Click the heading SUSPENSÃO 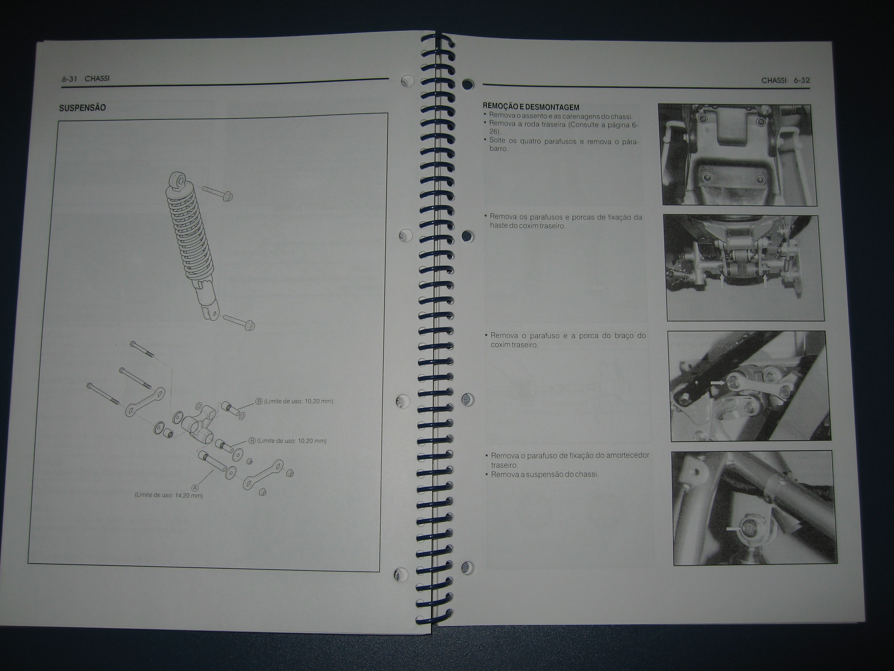pos(82,107)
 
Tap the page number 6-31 pos(69,79)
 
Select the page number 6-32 pos(801,80)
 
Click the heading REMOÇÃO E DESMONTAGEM pos(531,107)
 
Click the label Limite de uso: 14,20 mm pos(169,495)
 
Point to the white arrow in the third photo pos(717,382)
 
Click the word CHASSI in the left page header pos(97,78)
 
